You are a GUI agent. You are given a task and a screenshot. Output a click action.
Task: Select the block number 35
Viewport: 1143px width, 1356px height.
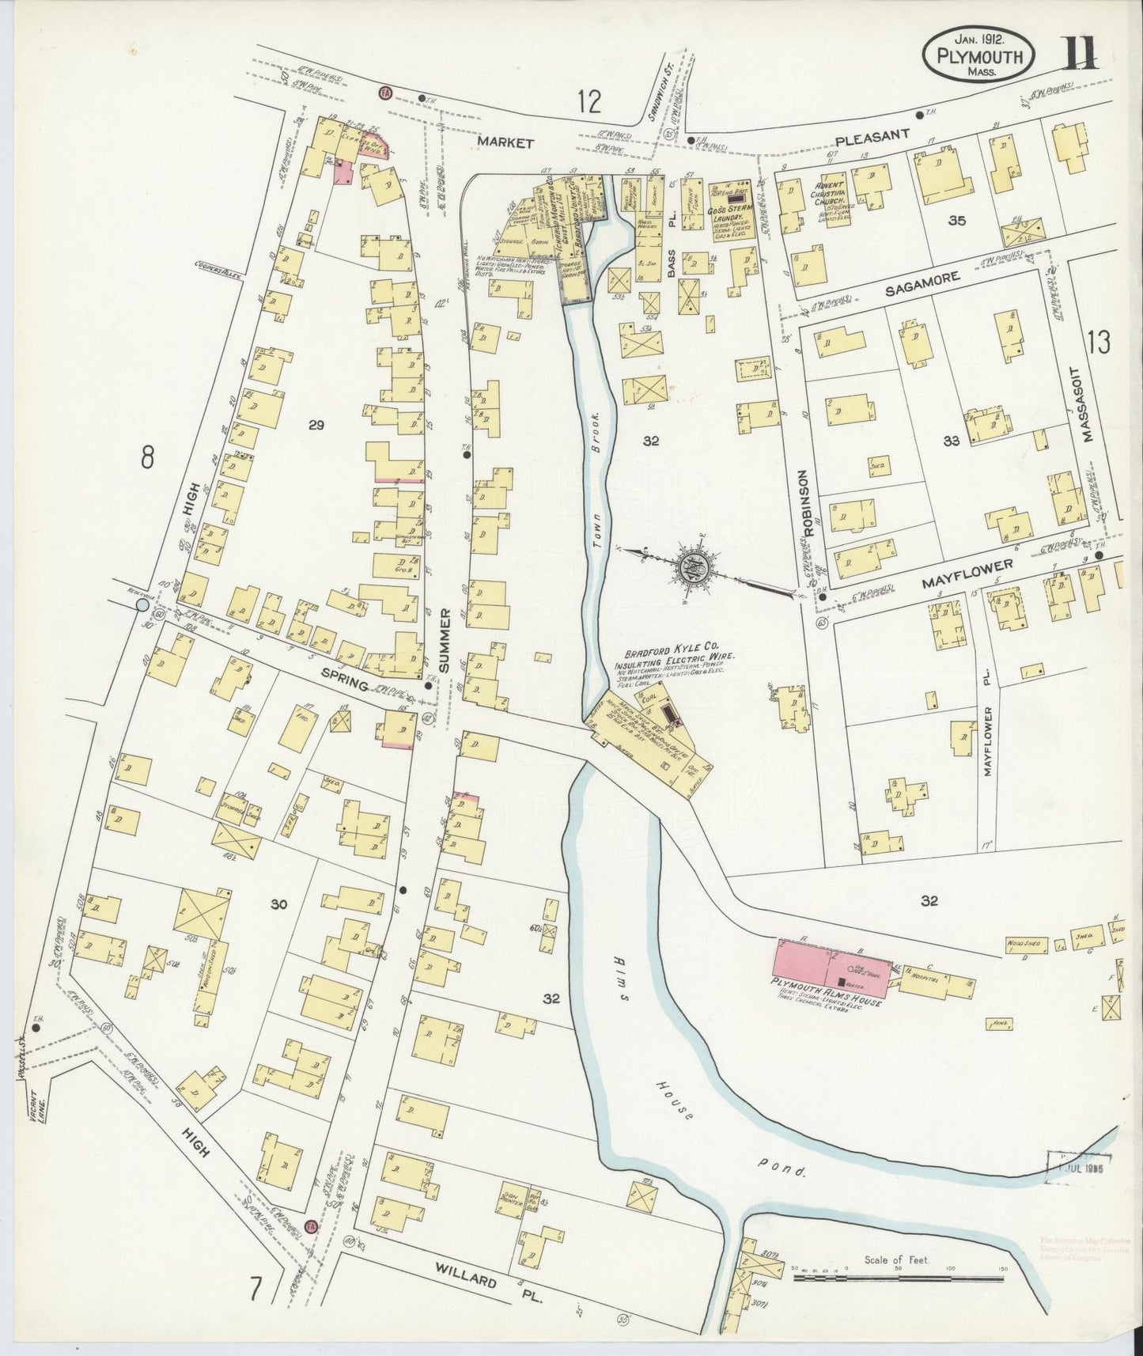point(956,221)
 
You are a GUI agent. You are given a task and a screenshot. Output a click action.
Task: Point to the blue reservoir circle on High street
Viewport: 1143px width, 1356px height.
point(142,605)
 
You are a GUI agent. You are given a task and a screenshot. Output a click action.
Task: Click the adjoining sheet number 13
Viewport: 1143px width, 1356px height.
point(1098,343)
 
